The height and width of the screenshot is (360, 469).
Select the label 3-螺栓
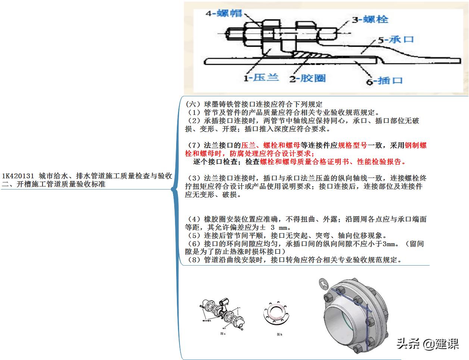(370, 19)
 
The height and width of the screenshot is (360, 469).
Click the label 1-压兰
(261, 78)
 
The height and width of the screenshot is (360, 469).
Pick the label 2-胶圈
(308, 78)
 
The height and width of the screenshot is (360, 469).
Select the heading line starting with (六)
(254, 104)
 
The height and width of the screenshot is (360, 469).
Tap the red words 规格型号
(352, 145)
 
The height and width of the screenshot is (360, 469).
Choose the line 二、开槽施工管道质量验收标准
(53, 184)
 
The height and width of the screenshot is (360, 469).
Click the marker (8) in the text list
(194, 260)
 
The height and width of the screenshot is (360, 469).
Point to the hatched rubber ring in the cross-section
(309, 56)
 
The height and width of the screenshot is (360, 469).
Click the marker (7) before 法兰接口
(194, 145)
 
